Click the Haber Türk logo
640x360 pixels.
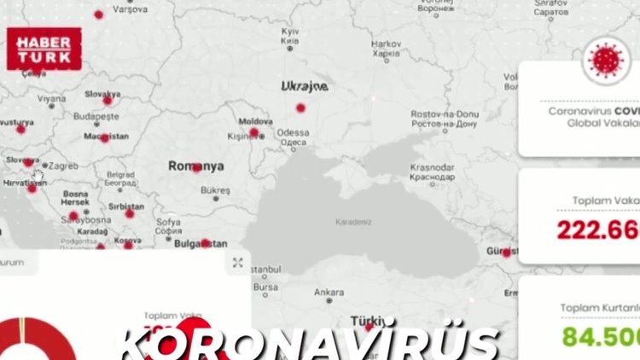pyautogui.click(x=44, y=49)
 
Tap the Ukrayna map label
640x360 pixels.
pyautogui.click(x=304, y=86)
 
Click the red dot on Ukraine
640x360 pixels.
pyautogui.click(x=300, y=107)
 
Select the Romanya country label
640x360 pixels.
pyautogui.click(x=195, y=165)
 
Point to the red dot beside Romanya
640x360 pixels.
pyautogui.click(x=198, y=168)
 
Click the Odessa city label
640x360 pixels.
pyautogui.click(x=293, y=132)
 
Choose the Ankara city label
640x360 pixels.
pyautogui.click(x=329, y=292)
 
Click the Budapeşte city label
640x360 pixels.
pyautogui.click(x=96, y=116)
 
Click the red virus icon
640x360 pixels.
pyautogui.click(x=607, y=61)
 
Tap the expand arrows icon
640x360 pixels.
pyautogui.click(x=238, y=263)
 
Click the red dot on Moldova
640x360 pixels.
pyautogui.click(x=253, y=133)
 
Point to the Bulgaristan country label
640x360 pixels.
pyautogui.click(x=201, y=242)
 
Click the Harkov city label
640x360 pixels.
pyautogui.click(x=386, y=44)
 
